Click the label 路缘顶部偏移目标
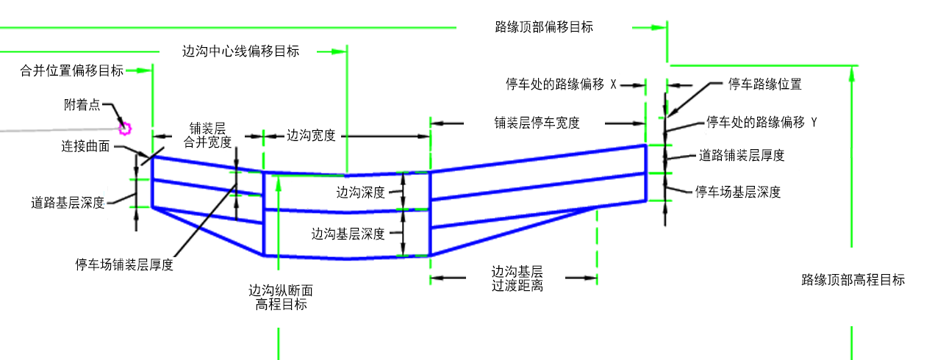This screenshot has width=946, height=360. click(x=544, y=27)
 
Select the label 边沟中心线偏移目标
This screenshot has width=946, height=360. click(x=240, y=51)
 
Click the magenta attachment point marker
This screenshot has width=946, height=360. click(x=125, y=129)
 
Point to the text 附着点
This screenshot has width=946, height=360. click(x=82, y=105)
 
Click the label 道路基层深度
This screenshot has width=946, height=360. click(x=68, y=203)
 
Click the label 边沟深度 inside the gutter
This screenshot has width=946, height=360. click(x=361, y=192)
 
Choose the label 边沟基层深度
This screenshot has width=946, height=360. click(x=348, y=234)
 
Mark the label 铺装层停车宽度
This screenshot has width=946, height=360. click(x=537, y=123)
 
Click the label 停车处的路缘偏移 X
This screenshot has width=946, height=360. click(x=560, y=84)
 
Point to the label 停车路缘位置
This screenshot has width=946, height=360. click(x=764, y=84)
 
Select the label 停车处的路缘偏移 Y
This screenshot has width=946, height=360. click(x=762, y=121)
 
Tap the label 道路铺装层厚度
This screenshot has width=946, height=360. click(x=741, y=155)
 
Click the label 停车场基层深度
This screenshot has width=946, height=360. click(x=737, y=192)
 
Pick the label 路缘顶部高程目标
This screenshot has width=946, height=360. click(x=853, y=279)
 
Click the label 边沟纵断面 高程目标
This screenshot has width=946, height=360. click(x=276, y=298)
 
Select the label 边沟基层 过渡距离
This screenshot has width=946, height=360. click(x=517, y=278)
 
